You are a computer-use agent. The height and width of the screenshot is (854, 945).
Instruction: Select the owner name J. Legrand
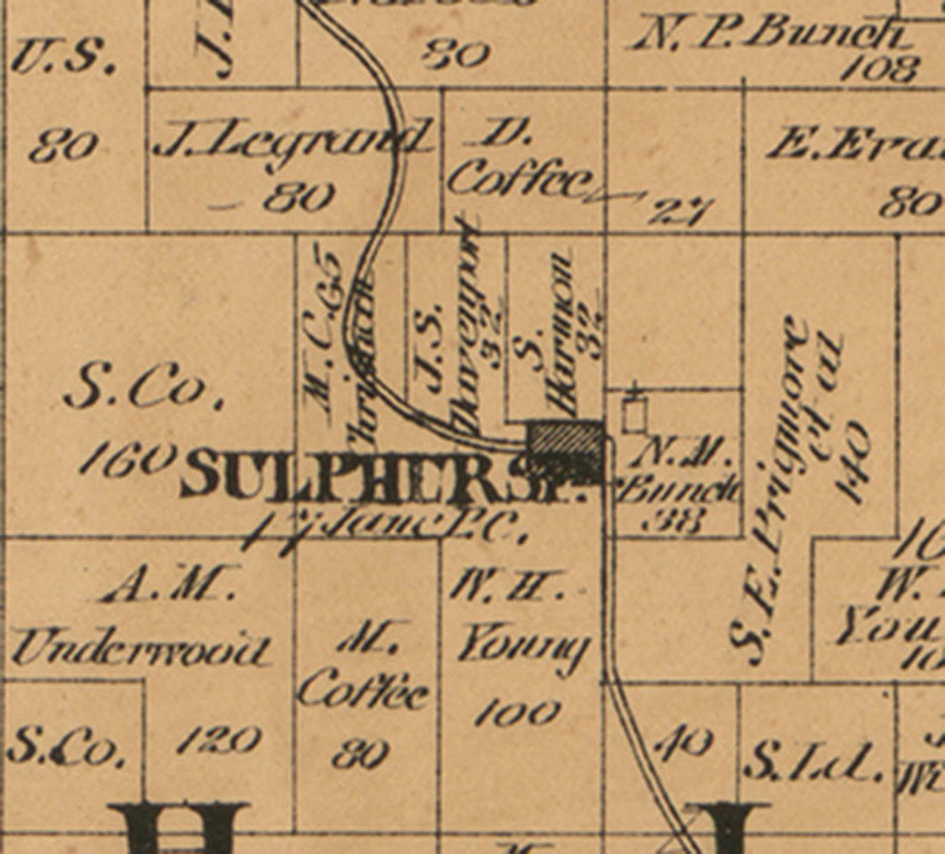click(292, 140)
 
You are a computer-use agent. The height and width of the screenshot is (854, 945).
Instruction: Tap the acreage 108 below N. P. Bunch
click(881, 69)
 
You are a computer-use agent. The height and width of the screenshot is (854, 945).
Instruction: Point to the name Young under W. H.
click(524, 649)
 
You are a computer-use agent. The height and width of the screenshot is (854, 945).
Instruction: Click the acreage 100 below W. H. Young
click(518, 712)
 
